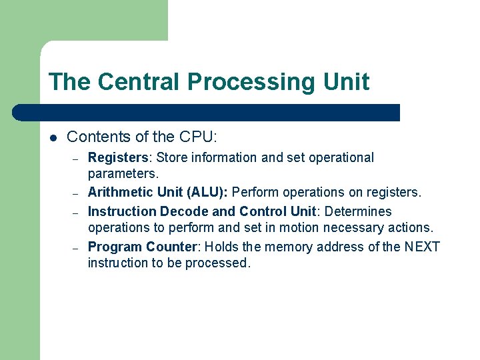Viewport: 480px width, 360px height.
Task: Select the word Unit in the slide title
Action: (x=346, y=82)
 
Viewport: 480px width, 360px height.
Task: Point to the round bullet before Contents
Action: (x=53, y=138)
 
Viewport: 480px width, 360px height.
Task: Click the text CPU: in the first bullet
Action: (x=198, y=137)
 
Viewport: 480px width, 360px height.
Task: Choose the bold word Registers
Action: (x=118, y=158)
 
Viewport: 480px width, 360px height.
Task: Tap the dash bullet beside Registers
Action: (x=77, y=159)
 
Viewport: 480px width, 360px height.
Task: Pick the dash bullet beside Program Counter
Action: (x=77, y=247)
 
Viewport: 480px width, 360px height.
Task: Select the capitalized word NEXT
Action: (x=422, y=247)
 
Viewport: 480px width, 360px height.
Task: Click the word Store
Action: (x=172, y=158)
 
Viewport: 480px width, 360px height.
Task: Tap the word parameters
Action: (x=123, y=174)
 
